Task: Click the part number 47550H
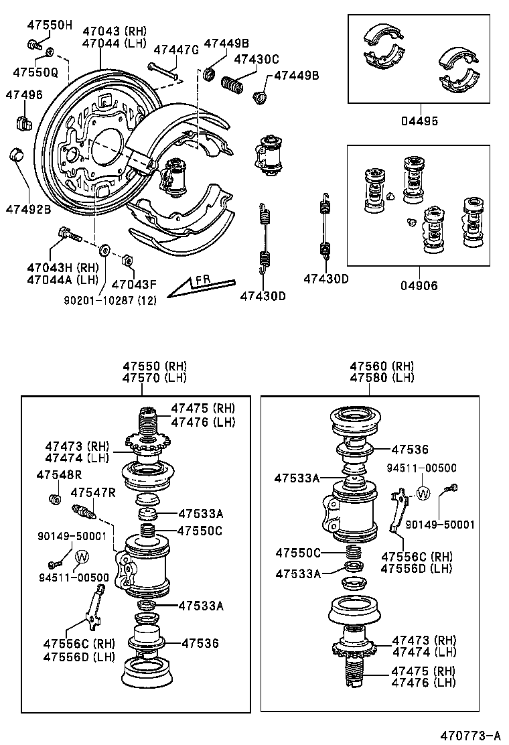pos(49,25)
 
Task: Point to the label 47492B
pos(29,208)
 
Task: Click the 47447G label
pos(176,50)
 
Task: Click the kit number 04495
pos(421,121)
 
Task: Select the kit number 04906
pos(421,285)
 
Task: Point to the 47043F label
pos(135,283)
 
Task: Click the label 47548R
pos(59,475)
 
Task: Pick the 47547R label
pos(93,493)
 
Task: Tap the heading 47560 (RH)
pos(382,366)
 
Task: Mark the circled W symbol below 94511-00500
pos(422,494)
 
